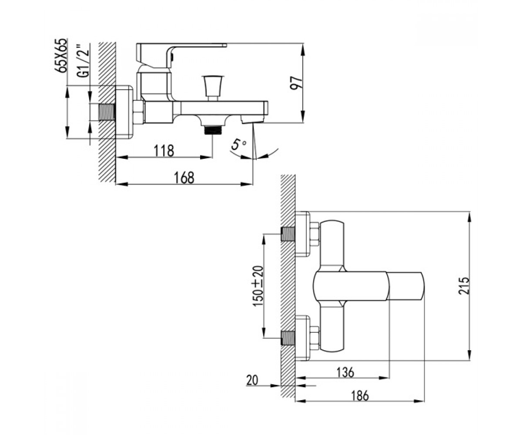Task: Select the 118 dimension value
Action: click(x=164, y=151)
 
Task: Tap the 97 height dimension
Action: click(x=296, y=83)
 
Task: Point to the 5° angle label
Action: click(x=238, y=145)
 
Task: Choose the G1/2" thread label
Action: click(x=85, y=60)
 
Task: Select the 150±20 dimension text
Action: click(x=258, y=286)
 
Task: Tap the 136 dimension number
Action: click(x=345, y=372)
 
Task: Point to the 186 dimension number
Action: click(x=360, y=396)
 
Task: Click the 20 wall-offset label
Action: click(x=252, y=380)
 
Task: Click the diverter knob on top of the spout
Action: click(x=213, y=87)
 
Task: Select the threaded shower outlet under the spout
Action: click(x=213, y=130)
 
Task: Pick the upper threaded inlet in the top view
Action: click(x=288, y=234)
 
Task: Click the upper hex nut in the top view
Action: click(x=315, y=234)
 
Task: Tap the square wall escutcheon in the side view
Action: click(x=124, y=112)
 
